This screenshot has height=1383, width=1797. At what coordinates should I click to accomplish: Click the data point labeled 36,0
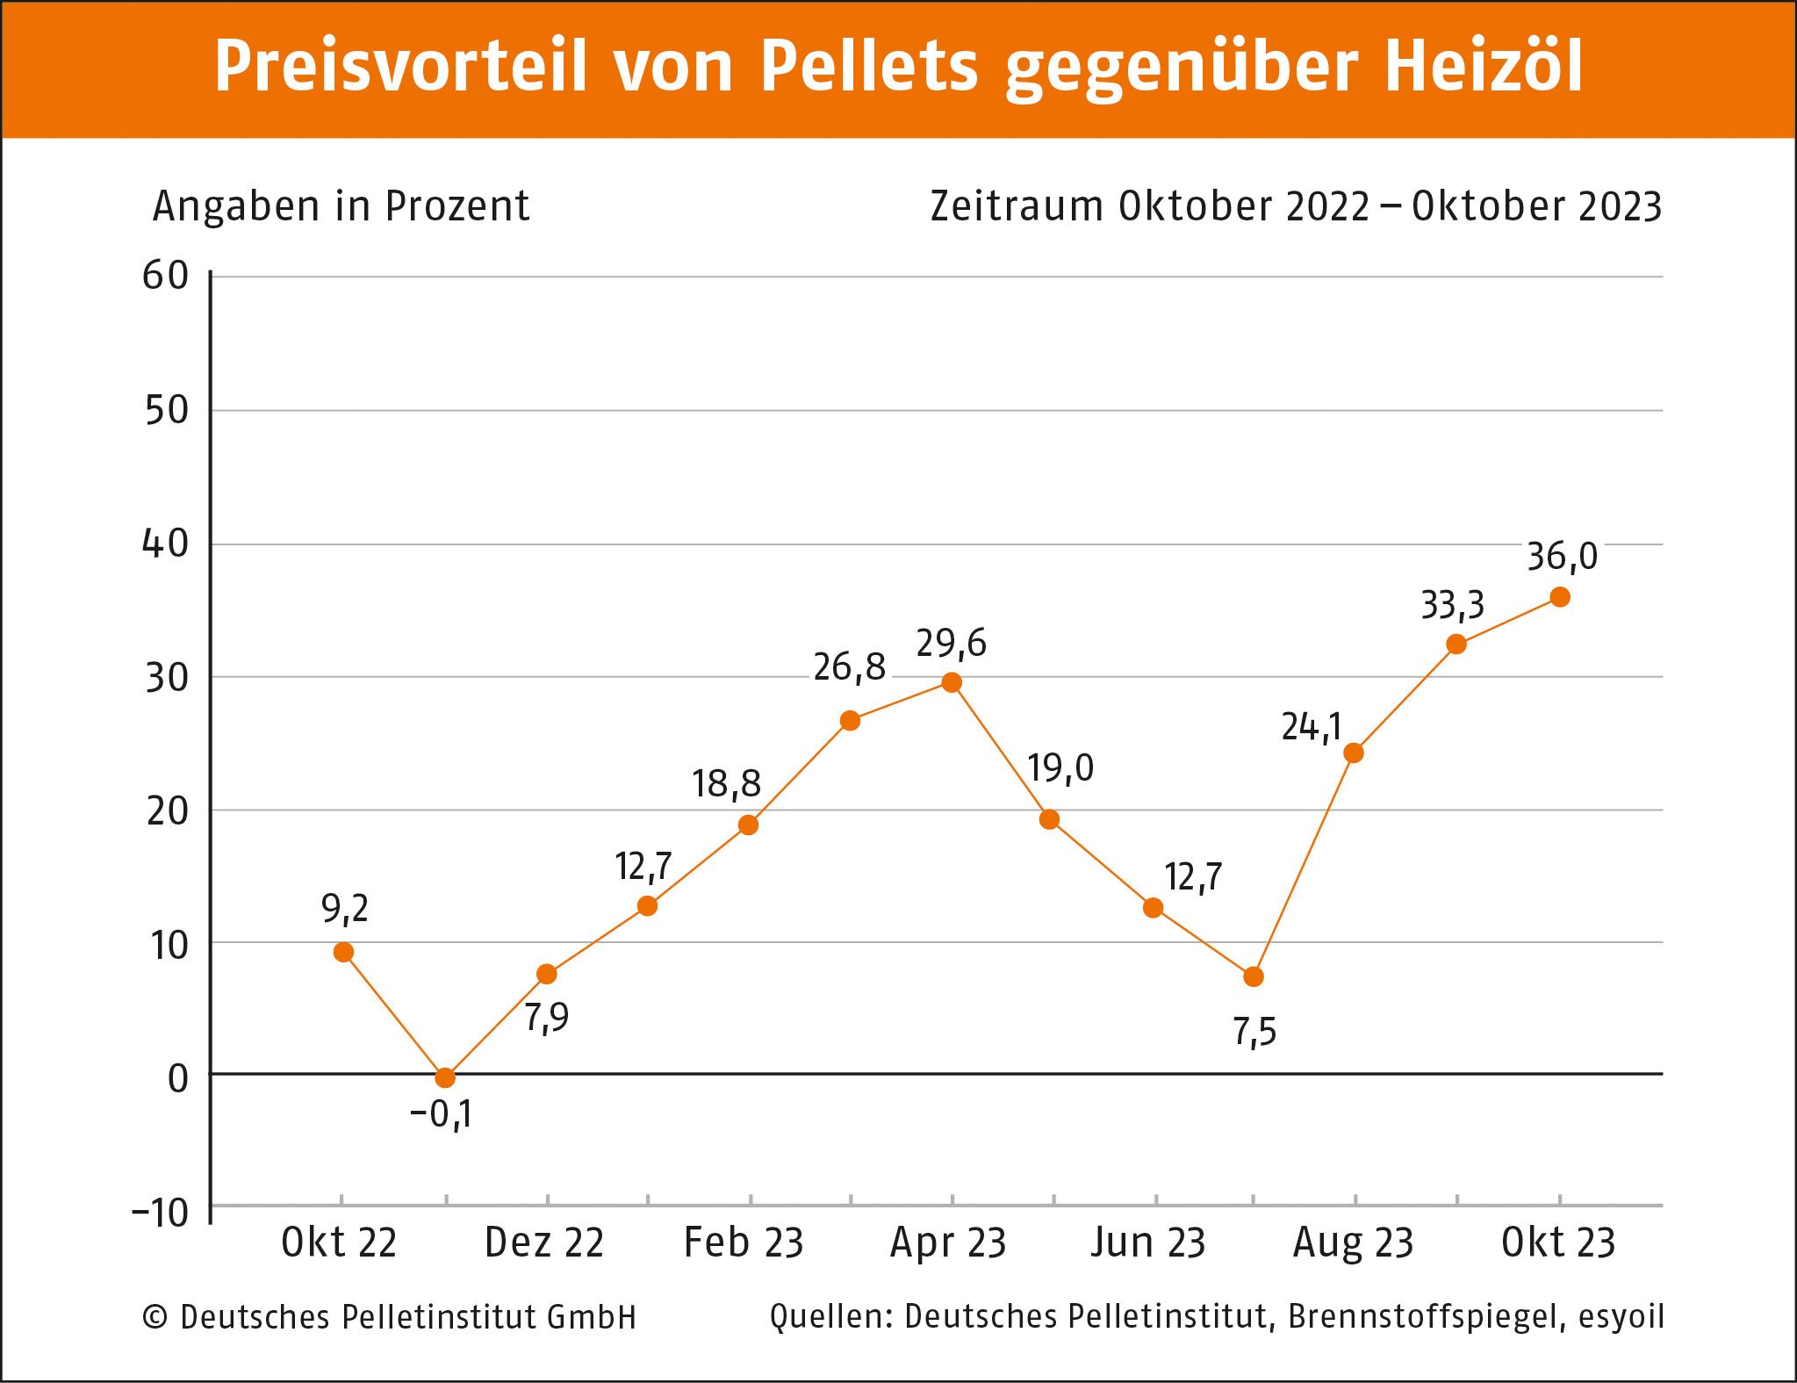tap(1560, 597)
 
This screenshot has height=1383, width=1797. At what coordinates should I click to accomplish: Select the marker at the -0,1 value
tap(445, 1077)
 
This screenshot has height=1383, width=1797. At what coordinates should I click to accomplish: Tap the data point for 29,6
tap(952, 682)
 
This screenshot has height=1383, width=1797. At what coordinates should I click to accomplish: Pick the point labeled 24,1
tap(1354, 753)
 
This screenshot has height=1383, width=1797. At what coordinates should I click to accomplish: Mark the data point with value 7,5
tap(1254, 976)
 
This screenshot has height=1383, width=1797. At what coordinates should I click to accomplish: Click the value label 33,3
tap(1452, 605)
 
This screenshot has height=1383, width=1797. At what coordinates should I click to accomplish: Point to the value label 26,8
tap(849, 667)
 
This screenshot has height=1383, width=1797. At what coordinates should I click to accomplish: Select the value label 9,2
tap(345, 908)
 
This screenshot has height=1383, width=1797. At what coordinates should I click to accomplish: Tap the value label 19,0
tap(1060, 768)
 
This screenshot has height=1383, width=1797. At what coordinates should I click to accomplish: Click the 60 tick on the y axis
tap(166, 276)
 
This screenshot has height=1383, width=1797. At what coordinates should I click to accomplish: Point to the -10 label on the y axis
tap(160, 1213)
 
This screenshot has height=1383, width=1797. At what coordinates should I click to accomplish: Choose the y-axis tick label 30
tap(167, 678)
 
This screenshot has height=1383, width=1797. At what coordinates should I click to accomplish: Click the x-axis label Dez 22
tap(544, 1243)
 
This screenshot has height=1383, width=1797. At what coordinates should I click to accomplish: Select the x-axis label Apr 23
tap(948, 1243)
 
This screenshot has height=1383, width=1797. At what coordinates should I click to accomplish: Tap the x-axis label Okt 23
tap(1558, 1243)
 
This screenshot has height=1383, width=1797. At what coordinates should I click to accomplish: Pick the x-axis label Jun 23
tap(1148, 1243)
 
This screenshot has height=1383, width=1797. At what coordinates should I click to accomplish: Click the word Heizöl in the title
tap(1484, 66)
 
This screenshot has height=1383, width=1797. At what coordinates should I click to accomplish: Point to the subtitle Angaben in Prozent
tap(341, 206)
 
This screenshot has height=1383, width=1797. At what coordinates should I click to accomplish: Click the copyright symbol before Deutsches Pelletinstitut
tap(155, 1317)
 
